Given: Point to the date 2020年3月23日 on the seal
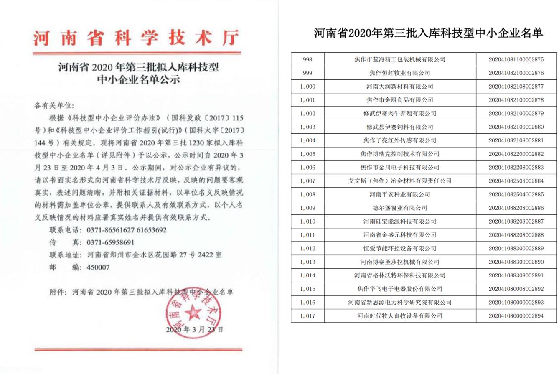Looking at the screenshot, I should coord(194,329).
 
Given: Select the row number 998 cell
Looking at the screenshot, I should coord(307,59).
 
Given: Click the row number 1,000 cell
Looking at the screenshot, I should coord(307,87).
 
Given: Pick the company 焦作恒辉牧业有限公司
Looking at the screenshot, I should coord(399,73).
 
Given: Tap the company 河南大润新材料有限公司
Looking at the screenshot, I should coord(399,87).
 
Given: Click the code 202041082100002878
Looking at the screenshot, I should coord(516,100).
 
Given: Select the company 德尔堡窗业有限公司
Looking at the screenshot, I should coord(399,208).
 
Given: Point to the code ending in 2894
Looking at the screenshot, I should coord(516,316).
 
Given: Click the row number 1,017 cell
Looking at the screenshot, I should coord(307,316).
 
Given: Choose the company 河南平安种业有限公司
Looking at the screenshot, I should coord(399,194).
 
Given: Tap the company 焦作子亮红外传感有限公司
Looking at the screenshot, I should coord(399,140).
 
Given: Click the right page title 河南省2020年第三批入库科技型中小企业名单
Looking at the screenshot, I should coord(428,33).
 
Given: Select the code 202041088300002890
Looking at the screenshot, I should coord(516,262).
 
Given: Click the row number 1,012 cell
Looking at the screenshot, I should coord(307,249).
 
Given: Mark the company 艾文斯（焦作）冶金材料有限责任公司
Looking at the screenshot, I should coord(399,181).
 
